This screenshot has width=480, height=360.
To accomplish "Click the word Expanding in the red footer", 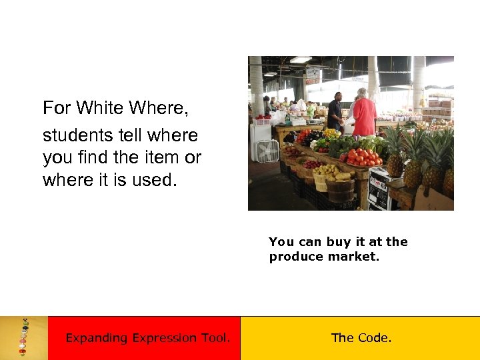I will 96,338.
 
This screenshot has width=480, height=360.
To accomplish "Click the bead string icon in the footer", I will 24,337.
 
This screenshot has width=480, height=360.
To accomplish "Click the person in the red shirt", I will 364,114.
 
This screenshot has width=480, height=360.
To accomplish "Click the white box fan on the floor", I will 267,151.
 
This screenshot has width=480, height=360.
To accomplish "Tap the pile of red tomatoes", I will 363,157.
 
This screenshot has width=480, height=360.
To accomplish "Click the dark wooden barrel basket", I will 340,191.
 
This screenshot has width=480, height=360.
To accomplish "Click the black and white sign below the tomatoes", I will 379,189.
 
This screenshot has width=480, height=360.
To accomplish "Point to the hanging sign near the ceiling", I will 312,75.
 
